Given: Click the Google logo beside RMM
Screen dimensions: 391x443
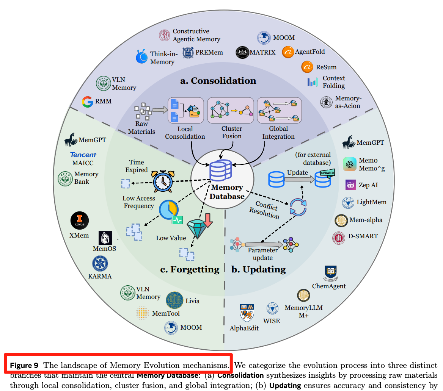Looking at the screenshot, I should click(87, 102).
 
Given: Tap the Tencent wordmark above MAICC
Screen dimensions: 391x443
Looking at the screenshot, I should click(83, 155).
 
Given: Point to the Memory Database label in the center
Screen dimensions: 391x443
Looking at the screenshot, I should click(227, 192).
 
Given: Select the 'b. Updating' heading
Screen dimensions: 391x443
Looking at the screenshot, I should click(258, 269).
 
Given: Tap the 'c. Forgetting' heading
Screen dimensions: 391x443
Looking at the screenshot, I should click(190, 269).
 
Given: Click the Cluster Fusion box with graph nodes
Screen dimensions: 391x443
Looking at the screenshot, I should click(231, 110).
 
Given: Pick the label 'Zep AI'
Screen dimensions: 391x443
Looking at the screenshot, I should click(368, 185).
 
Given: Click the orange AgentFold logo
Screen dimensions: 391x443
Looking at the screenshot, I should click(288, 52).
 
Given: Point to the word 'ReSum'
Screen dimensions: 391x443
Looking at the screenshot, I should click(326, 67).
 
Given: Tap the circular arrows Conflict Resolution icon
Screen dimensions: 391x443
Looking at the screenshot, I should click(298, 207).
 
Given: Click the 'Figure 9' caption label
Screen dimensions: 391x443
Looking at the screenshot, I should click(24, 366).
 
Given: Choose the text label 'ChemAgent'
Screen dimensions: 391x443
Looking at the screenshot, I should click(329, 286).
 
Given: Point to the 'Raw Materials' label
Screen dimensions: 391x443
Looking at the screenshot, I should click(141, 128).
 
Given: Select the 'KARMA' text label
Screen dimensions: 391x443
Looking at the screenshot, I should click(100, 276).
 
